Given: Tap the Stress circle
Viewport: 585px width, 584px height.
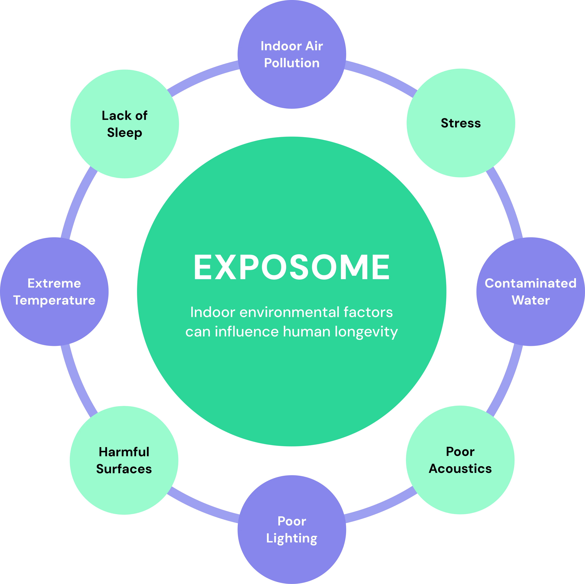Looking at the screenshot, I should [461, 123].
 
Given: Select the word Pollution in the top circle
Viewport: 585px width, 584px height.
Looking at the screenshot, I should [292, 63].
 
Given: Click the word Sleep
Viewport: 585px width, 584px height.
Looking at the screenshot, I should [124, 133].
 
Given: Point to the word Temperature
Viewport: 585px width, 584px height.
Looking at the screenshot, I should [54, 301].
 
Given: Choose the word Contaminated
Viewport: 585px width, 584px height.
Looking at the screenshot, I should [531, 283].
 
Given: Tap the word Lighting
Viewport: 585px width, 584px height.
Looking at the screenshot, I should [292, 538].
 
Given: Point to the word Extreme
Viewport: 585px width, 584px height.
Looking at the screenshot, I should [54, 283].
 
